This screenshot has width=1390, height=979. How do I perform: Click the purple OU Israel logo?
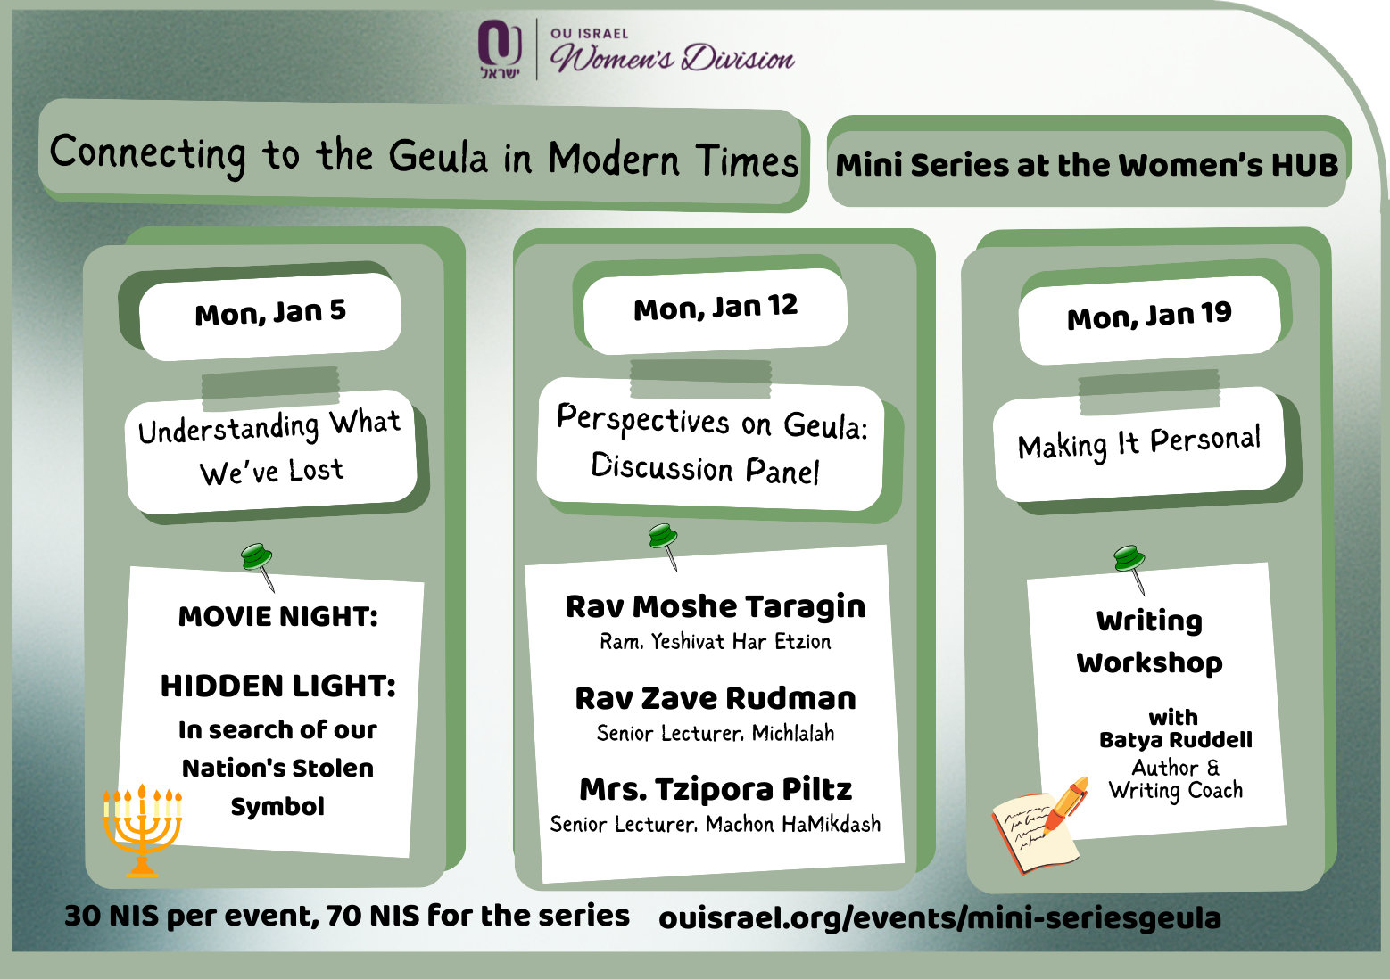click(501, 49)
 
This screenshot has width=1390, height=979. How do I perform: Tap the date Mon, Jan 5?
click(270, 312)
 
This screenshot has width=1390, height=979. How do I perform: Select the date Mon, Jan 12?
click(716, 307)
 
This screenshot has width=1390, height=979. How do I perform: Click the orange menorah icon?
click(142, 830)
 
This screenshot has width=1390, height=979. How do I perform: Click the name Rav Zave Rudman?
click(716, 699)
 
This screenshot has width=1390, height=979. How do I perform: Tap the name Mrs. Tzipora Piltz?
click(716, 790)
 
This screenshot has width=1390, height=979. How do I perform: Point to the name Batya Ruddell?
click(1175, 740)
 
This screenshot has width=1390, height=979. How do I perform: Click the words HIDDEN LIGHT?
click(278, 686)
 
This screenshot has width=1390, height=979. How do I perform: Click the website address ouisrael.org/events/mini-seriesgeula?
click(939, 918)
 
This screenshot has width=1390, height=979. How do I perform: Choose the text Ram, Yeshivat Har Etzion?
click(715, 641)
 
